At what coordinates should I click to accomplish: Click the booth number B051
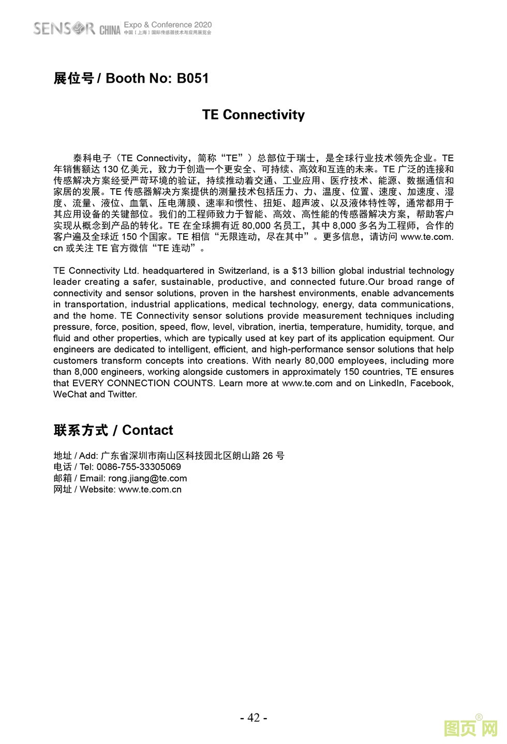[192, 79]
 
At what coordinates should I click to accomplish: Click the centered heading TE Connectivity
[253, 115]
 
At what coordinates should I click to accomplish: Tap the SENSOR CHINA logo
[77, 28]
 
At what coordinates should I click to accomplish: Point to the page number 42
[253, 717]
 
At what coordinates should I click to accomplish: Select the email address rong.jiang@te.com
[147, 478]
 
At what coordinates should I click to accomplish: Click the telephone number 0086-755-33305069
[139, 467]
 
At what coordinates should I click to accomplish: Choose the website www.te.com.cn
[150, 490]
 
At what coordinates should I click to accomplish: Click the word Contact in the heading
[147, 430]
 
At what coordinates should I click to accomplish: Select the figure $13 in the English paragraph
[300, 270]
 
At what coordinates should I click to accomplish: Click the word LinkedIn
[387, 383]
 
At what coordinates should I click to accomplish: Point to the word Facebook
[431, 383]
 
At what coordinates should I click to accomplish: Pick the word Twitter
[122, 394]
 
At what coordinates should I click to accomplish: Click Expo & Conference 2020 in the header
[168, 24]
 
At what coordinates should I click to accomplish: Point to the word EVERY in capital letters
[88, 383]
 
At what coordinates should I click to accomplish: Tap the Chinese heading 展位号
[74, 79]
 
